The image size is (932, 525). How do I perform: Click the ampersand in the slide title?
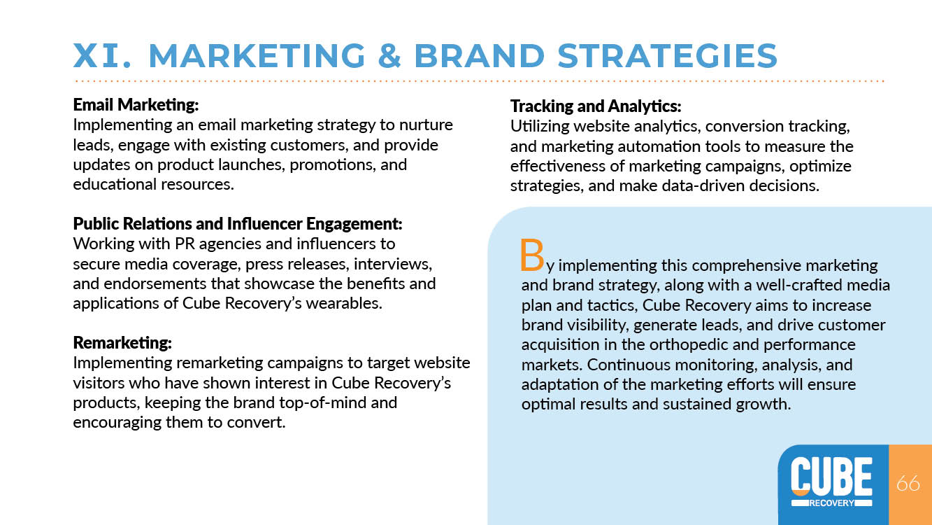(390, 55)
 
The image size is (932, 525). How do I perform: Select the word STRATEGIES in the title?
(668, 55)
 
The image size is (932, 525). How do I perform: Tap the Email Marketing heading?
(136, 104)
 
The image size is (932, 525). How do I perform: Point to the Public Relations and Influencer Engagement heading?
(238, 224)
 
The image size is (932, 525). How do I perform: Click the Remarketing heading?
(122, 342)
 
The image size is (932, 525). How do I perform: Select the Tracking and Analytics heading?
(596, 106)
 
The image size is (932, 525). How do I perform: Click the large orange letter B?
(532, 255)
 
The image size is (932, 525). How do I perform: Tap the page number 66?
(908, 483)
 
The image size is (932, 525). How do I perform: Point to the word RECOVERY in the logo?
(831, 503)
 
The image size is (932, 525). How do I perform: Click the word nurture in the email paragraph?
(426, 125)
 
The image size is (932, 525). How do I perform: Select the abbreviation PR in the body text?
(185, 244)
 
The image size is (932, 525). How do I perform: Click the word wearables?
(344, 303)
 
